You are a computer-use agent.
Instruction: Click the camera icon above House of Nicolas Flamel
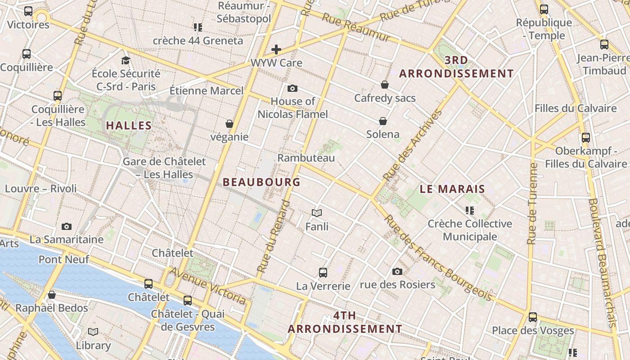pos(292,88)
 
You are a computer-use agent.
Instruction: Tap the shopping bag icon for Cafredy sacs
pos(385,85)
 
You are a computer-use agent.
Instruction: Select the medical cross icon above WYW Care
pos(276,49)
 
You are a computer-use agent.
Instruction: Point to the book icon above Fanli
pos(317,213)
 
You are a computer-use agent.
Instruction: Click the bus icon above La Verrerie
pos(323,272)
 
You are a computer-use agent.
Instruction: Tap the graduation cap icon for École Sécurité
pos(126,60)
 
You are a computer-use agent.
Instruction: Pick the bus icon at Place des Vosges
pos(533,317)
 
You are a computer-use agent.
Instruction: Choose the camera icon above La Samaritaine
pos(67,226)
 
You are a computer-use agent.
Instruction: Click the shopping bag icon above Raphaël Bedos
pos(52,295)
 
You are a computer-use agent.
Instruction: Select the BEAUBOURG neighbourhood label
pos(261,182)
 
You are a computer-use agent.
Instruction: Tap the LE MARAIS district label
pos(452,189)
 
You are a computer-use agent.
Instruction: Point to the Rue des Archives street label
pos(412,145)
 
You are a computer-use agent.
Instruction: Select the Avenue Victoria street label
pos(207,285)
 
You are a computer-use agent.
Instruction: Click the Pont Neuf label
pos(64,259)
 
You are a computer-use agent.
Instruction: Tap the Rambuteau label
pos(306,158)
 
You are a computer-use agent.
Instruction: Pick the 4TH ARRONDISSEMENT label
pos(345,322)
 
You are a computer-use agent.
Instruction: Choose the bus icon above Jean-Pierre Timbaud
pos(604,45)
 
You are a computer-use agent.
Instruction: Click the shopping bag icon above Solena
pos(383,121)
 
